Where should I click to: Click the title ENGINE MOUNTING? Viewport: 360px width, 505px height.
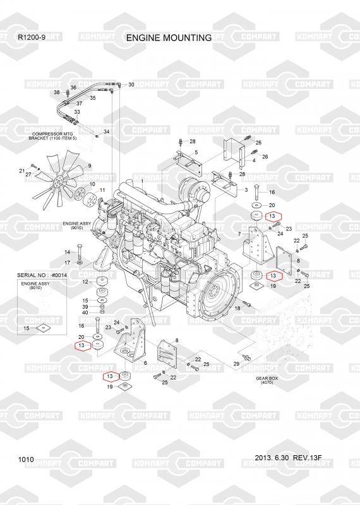(x=169, y=38)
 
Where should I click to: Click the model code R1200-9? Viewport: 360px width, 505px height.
(x=32, y=37)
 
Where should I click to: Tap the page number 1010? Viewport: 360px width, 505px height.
(x=26, y=460)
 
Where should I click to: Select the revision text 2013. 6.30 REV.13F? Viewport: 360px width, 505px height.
(x=288, y=458)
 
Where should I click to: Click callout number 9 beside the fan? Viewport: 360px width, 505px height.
(x=90, y=166)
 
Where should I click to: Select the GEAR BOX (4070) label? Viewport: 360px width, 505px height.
(x=267, y=381)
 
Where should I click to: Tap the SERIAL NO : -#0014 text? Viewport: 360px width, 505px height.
(x=42, y=275)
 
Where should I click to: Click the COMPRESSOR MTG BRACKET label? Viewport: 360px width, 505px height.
(x=52, y=136)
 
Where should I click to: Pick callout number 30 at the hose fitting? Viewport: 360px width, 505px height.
(x=131, y=85)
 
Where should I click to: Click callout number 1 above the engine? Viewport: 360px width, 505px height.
(x=142, y=182)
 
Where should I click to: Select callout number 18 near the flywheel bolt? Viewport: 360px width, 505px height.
(x=237, y=308)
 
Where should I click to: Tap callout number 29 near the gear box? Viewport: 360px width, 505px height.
(x=236, y=364)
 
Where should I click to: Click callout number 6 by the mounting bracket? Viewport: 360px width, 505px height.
(x=145, y=363)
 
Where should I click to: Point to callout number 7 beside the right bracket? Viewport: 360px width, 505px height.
(x=239, y=234)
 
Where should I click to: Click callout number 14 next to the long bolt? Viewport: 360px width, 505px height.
(x=68, y=252)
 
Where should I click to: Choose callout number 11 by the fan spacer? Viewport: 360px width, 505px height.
(x=102, y=191)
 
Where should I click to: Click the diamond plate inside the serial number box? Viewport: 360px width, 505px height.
(x=43, y=328)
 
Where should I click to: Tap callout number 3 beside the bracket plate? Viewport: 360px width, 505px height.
(x=246, y=190)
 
